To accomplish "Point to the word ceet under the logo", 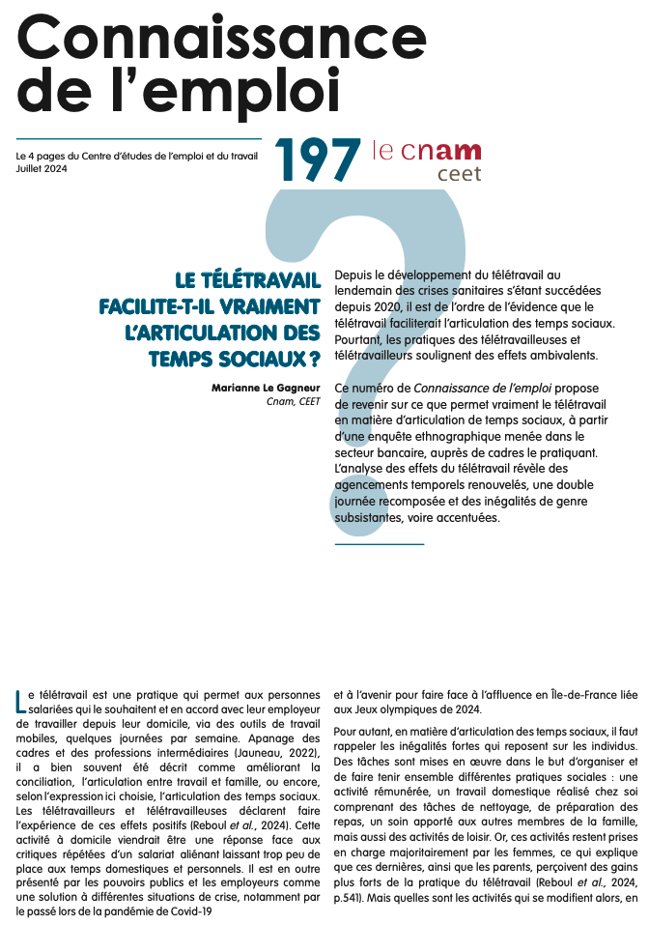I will (459, 176).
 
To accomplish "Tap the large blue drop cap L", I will (21, 701).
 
